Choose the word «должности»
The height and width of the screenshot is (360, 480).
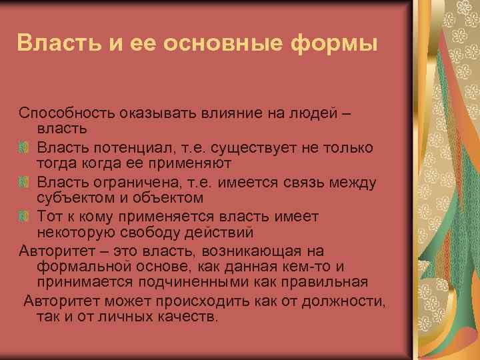click(341, 300)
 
